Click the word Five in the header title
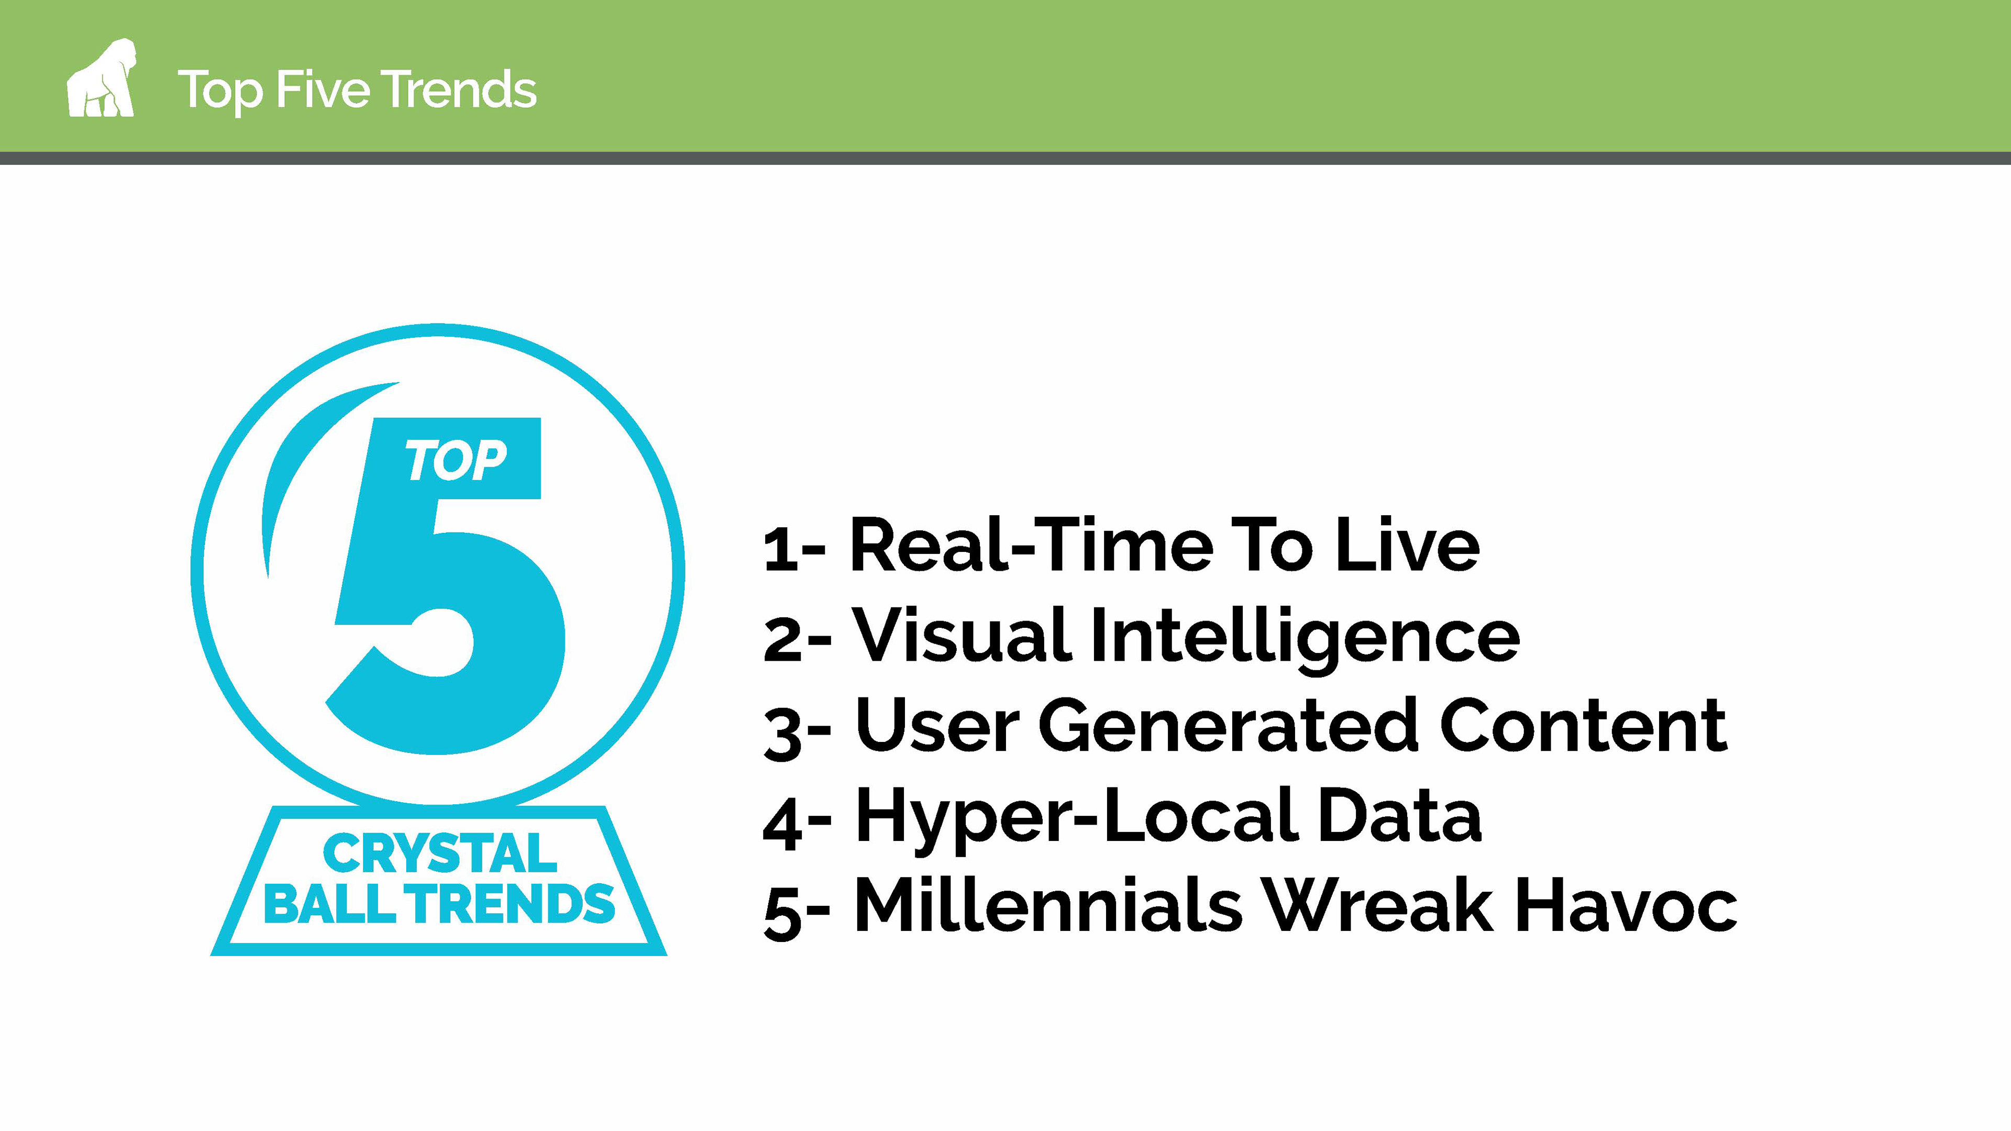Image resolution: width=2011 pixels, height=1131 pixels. click(323, 89)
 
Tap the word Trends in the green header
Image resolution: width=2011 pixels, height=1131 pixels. click(459, 89)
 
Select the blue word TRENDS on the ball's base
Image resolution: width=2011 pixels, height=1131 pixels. click(513, 903)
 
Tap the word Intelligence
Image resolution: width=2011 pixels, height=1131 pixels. click(1305, 638)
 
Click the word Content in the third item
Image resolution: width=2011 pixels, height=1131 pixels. click(1583, 725)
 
